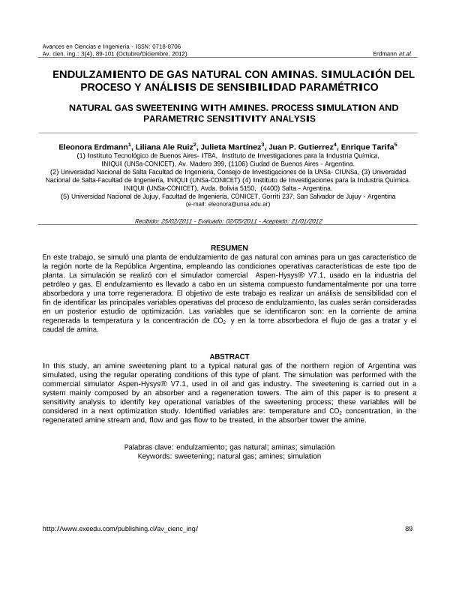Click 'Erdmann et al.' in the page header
[391, 54]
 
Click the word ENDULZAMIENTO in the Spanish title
[100, 76]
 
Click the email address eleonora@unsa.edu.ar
[238, 203]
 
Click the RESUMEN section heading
[229, 247]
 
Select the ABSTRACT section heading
[229, 355]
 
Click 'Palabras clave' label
[148, 447]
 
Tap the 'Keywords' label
[156, 455]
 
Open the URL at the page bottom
[121, 529]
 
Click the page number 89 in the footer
[409, 529]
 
